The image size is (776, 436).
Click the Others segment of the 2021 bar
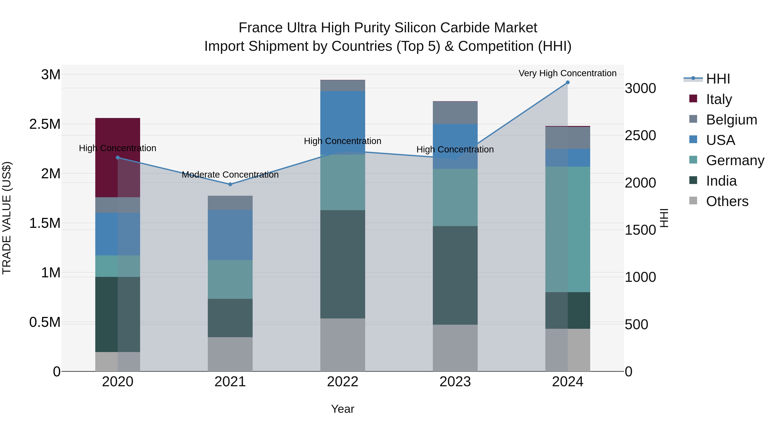(230, 354)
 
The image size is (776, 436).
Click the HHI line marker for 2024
(568, 82)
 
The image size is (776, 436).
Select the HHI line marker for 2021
(230, 184)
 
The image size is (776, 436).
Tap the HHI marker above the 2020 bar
(118, 158)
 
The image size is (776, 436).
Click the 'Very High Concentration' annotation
(568, 73)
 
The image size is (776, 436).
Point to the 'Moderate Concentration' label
(230, 175)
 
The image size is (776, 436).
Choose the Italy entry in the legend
(719, 99)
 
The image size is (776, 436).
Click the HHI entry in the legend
(718, 79)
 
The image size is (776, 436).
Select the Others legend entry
(727, 201)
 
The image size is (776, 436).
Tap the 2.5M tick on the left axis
(45, 124)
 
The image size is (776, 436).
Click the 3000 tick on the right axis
(640, 88)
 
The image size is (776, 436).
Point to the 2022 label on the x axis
(343, 382)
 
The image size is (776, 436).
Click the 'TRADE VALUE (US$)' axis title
(7, 218)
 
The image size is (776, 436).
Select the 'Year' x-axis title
(343, 409)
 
